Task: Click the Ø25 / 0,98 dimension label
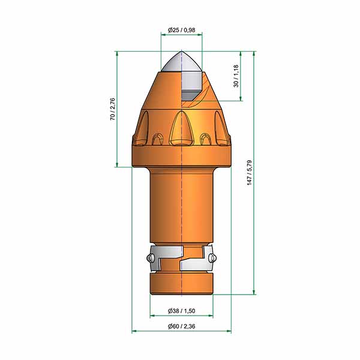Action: coord(181,30)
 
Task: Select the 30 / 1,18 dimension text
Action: coord(236,76)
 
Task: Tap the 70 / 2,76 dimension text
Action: coord(113,109)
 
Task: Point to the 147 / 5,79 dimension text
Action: coord(250,173)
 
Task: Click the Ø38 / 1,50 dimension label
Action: coord(181,311)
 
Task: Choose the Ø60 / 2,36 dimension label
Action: coord(181,326)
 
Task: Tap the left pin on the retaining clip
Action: coord(150,258)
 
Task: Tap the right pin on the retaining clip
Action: coord(212,258)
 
